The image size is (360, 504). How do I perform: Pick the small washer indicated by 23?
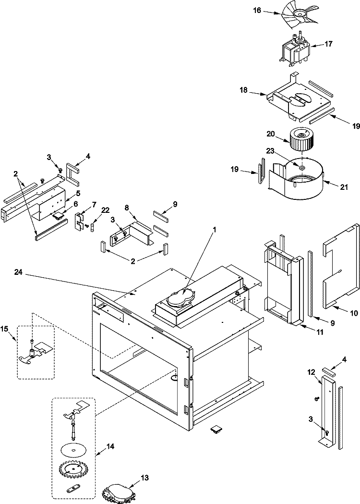click(x=301, y=168)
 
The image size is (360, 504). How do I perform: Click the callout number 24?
click(x=18, y=272)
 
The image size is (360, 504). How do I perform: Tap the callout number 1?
click(x=215, y=230)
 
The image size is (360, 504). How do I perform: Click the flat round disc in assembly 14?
click(x=72, y=450)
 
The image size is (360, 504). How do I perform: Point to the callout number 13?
click(x=144, y=478)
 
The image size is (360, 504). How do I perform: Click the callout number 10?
click(x=354, y=313)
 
